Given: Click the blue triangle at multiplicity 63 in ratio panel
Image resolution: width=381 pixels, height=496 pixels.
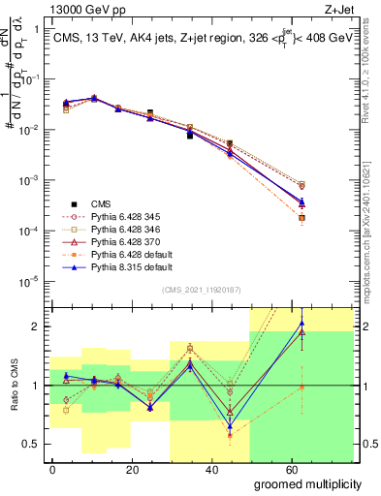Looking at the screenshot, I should (302, 325).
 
